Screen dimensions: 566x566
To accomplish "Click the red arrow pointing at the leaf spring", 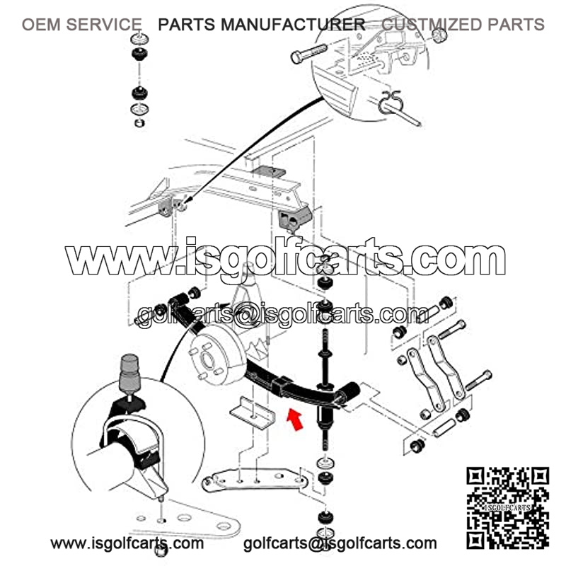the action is coord(295,420).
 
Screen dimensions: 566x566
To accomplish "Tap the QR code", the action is coord(507,508).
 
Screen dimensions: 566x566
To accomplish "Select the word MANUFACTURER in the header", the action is coord(293,25).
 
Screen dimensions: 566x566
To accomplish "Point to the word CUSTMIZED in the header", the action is coord(432,25).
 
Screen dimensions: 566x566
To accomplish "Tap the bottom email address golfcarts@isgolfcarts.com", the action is coord(340,543).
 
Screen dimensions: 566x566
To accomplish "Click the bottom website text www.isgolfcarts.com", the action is coord(127,543).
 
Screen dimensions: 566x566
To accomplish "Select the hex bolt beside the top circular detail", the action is coord(308,53).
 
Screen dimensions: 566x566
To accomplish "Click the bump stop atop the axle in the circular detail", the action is coord(129,373).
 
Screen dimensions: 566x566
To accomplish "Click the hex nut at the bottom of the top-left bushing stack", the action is coord(139,122).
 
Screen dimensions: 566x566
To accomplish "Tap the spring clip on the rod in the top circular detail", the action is coord(390,102).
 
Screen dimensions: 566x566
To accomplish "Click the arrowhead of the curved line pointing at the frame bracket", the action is coord(187,201).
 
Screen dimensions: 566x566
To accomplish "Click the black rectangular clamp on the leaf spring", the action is coord(284,386).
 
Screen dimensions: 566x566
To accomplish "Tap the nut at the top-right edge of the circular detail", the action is coord(439,35).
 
